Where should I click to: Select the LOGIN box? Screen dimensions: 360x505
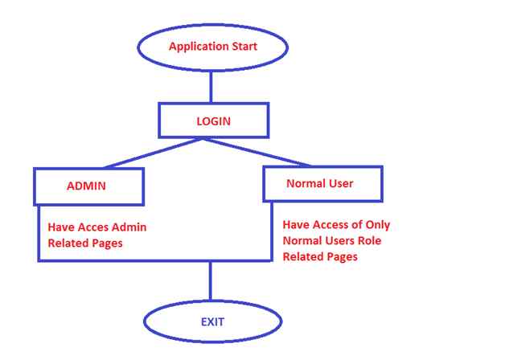coord(213,121)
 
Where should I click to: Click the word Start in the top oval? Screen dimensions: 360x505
coord(244,46)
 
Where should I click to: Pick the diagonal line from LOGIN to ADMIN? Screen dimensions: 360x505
coord(153,153)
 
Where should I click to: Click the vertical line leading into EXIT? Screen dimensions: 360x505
coord(211,281)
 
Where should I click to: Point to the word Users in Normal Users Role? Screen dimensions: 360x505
coord(335,241)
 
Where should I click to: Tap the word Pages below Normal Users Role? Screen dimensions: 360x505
coord(341,257)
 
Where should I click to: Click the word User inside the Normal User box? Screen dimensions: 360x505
coord(341,184)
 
